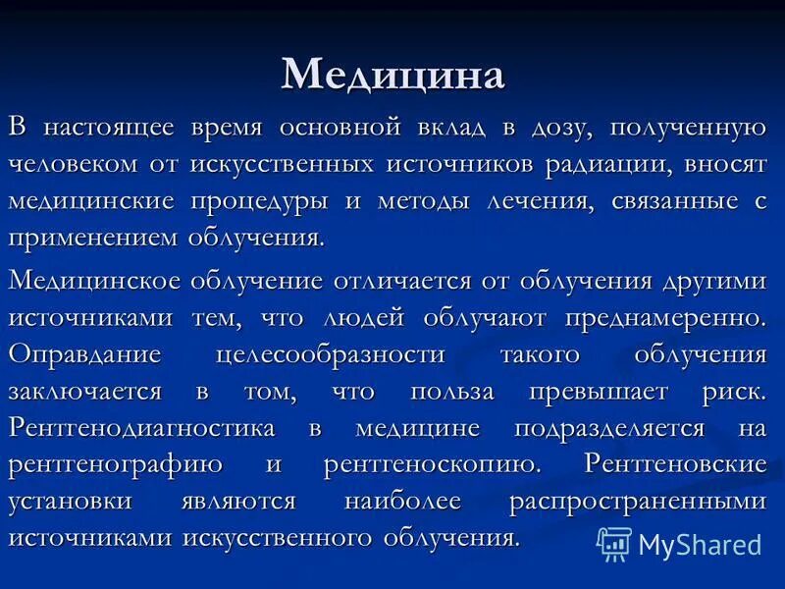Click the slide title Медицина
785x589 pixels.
[392, 75]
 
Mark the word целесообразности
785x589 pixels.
[329, 354]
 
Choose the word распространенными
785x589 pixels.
[637, 502]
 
